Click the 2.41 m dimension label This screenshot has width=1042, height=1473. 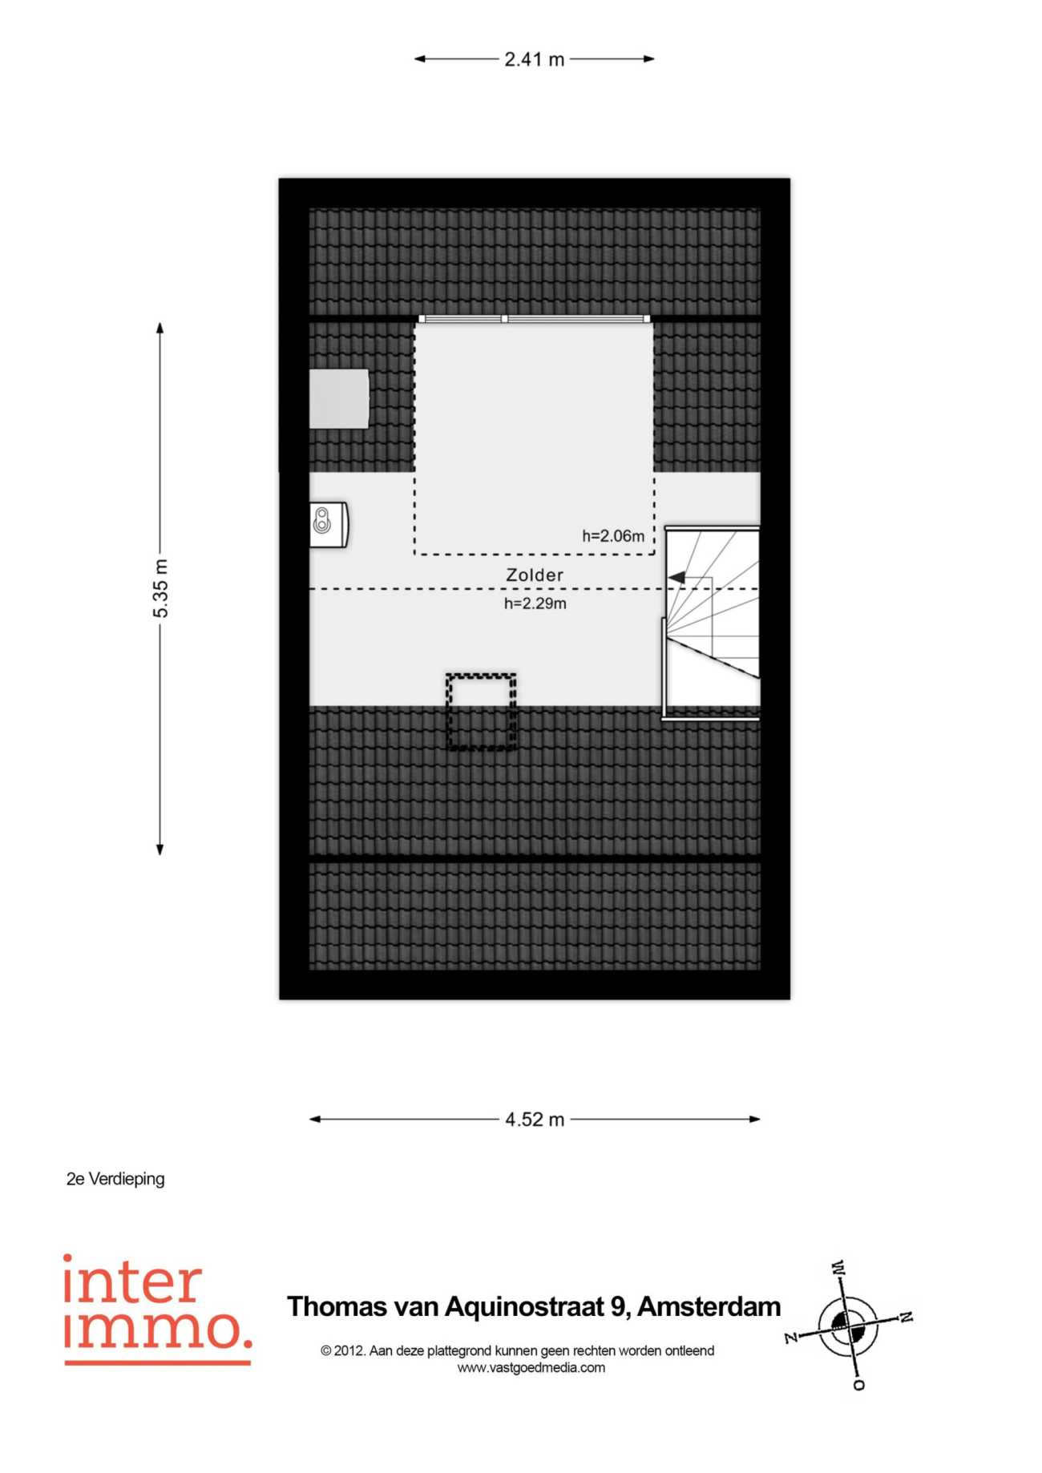pos(535,59)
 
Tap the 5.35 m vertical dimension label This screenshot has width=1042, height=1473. pos(161,588)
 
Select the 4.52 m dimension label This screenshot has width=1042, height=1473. pos(535,1120)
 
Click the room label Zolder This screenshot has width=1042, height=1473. pos(535,575)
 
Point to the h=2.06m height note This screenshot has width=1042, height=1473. pos(613,536)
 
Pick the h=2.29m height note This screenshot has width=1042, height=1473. pos(535,603)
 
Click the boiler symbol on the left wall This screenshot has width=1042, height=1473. pos(329,524)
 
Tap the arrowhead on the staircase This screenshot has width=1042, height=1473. pos(676,577)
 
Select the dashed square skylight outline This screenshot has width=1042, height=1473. pos(481,712)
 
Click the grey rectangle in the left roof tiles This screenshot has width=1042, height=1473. pos(339,398)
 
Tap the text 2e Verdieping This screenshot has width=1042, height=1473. pos(115,1179)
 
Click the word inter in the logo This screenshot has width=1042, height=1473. pos(132,1281)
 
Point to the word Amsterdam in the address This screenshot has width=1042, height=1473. pos(709,1306)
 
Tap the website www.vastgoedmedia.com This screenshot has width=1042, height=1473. pos(531,1368)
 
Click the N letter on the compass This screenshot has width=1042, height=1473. pos(905,1317)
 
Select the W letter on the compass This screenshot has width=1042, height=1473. pos(838,1269)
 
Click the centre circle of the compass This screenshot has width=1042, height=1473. pos(847,1327)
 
